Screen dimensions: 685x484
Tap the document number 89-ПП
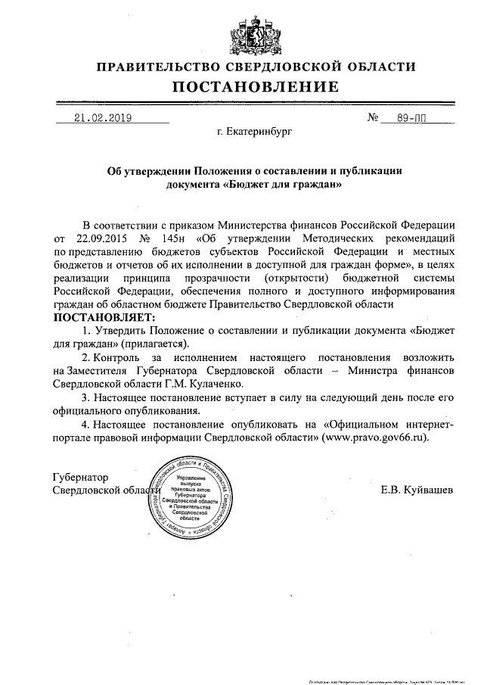416,118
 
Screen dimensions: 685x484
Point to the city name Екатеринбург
253,132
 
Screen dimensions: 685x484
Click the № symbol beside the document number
373,119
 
